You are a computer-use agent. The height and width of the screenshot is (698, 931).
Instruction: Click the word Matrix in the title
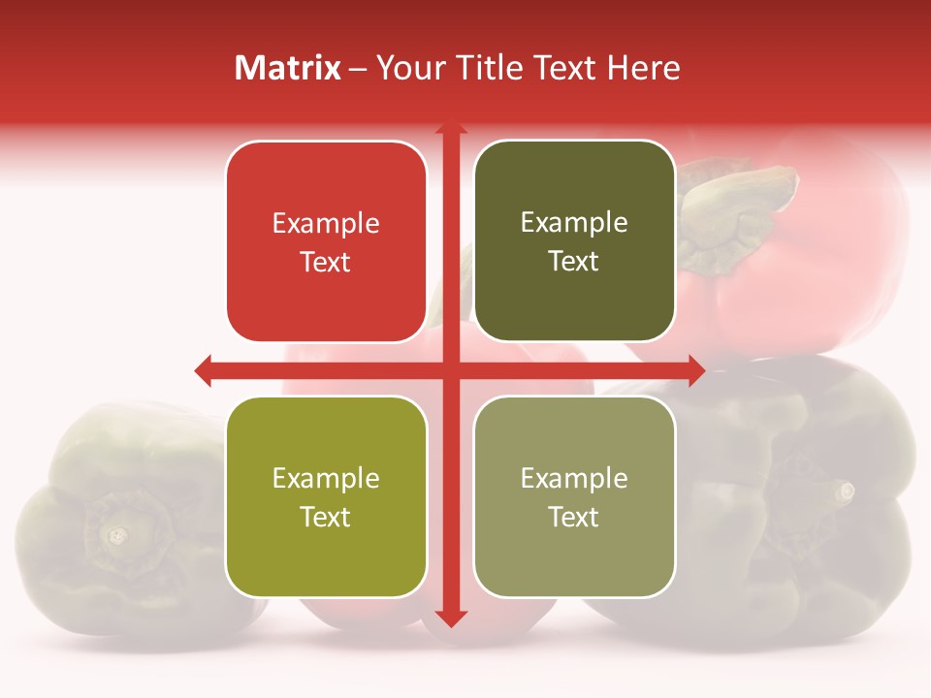(x=288, y=68)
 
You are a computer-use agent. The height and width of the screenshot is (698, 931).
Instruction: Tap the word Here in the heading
(x=643, y=68)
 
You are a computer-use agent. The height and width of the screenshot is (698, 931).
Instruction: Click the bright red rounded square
(x=326, y=241)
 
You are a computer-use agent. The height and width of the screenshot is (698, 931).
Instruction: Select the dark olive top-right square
(x=574, y=241)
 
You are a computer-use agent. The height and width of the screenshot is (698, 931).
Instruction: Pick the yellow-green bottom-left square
(x=326, y=496)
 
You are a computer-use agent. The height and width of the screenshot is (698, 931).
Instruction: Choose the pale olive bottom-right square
(x=574, y=496)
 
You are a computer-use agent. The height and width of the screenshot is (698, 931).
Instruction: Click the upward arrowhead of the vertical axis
(x=450, y=128)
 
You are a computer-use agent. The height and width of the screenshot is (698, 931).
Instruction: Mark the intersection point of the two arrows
(x=450, y=369)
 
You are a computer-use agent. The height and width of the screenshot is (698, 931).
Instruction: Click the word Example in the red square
(x=326, y=224)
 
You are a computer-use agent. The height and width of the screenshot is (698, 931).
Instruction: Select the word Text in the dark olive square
(x=574, y=262)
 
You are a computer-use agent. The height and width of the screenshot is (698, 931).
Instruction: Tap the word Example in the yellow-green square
(x=326, y=478)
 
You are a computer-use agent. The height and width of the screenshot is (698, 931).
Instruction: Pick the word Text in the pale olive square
(x=574, y=517)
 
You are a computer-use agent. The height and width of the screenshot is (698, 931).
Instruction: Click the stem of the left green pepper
(x=117, y=533)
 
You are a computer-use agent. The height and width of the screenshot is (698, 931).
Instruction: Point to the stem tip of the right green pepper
(x=846, y=491)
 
